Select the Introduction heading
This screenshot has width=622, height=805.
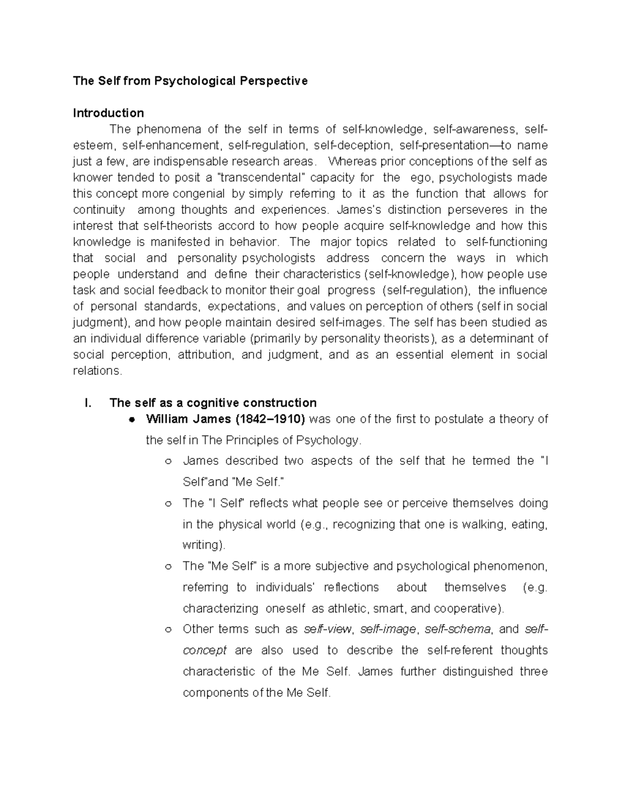tap(108, 113)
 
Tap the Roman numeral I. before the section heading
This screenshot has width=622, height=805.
tap(88, 403)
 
